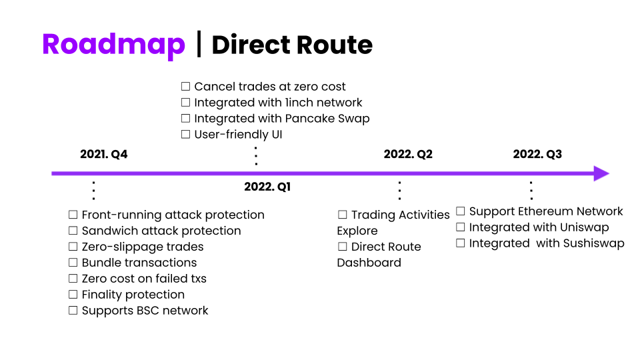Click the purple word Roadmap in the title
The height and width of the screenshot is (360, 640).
[x=113, y=45]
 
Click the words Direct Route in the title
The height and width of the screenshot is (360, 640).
[x=292, y=45]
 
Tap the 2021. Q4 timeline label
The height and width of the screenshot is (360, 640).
[x=104, y=154]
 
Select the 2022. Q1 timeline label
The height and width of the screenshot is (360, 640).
[x=267, y=187]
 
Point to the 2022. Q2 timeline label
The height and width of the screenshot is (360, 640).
[x=408, y=154]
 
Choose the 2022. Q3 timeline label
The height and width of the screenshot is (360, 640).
[x=537, y=154]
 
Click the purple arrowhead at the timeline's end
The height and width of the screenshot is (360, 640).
[x=601, y=173]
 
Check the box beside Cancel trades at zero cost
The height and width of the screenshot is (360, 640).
[x=186, y=87]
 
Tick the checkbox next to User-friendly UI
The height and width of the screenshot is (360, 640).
[x=186, y=134]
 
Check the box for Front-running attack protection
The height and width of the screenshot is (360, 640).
[x=73, y=215]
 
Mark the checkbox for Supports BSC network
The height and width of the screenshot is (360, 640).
[x=73, y=311]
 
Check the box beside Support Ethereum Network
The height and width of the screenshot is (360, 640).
[x=461, y=211]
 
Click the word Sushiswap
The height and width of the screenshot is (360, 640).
[x=594, y=243]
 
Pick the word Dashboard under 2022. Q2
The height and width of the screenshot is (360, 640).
[x=369, y=263]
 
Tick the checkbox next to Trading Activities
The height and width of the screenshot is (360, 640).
[x=343, y=215]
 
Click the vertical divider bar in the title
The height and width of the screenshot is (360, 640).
[x=199, y=44]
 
